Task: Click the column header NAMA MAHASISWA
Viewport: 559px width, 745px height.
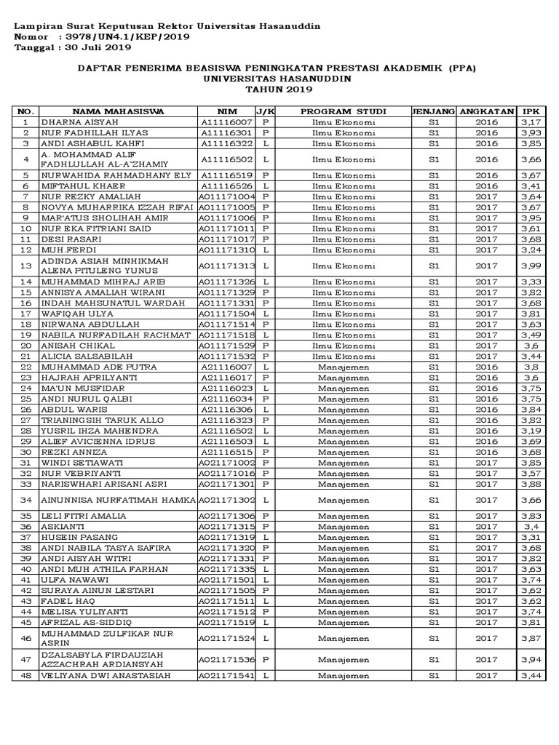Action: [x=118, y=111]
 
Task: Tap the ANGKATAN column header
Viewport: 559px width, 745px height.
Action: [x=487, y=111]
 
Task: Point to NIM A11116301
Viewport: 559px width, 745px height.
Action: [x=226, y=133]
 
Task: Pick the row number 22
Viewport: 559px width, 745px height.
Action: [x=25, y=367]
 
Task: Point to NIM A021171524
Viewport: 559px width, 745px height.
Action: [x=226, y=637]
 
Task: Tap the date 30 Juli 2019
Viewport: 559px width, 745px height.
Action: [x=95, y=48]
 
